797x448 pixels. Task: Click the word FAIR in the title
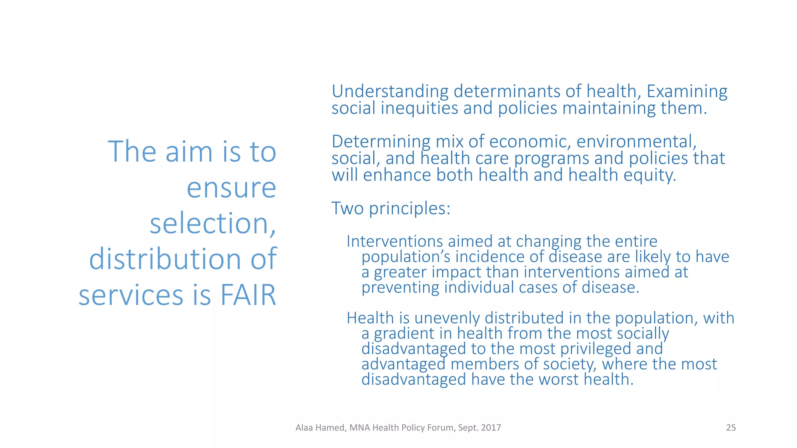pyautogui.click(x=248, y=295)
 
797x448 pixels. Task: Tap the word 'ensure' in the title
pyautogui.click(x=231, y=188)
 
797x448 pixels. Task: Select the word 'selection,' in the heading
pyautogui.click(x=213, y=224)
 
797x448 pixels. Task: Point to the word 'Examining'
pyautogui.click(x=687, y=92)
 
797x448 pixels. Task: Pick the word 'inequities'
pyautogui.click(x=419, y=108)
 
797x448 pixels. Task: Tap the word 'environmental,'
pyautogui.click(x=636, y=142)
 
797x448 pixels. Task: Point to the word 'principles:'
pyautogui.click(x=409, y=208)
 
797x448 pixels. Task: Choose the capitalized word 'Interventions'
pyautogui.click(x=395, y=241)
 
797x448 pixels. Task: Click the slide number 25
pyautogui.click(x=731, y=428)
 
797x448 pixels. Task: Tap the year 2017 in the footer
pyautogui.click(x=491, y=428)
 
